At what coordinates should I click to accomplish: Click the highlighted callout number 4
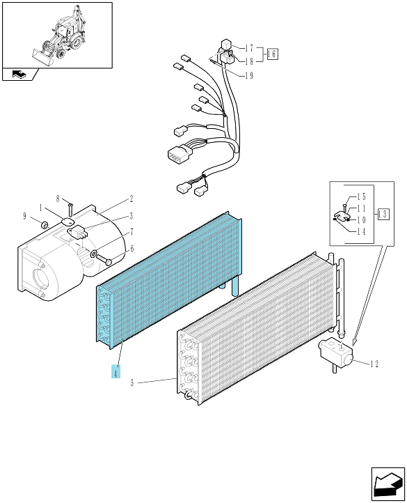115,371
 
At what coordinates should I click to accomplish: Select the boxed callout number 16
273,54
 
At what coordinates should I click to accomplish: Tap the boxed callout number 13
383,214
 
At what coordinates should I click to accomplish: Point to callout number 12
374,364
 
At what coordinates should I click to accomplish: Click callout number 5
132,382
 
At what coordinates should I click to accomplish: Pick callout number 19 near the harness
249,76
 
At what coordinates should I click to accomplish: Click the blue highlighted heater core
169,280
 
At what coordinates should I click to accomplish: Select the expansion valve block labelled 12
335,352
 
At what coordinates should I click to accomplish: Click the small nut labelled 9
45,224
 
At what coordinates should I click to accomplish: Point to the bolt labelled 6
103,258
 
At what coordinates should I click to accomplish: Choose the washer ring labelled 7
94,254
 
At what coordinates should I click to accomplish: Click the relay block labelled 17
226,43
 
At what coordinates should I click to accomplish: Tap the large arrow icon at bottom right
388,484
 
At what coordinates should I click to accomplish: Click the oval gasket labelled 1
67,222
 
